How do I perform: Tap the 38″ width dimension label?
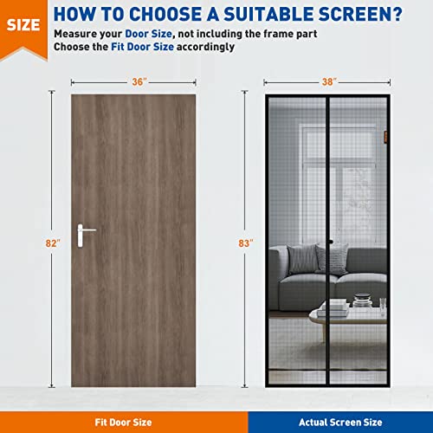pos(327,82)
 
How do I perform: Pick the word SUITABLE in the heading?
pos(257,14)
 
